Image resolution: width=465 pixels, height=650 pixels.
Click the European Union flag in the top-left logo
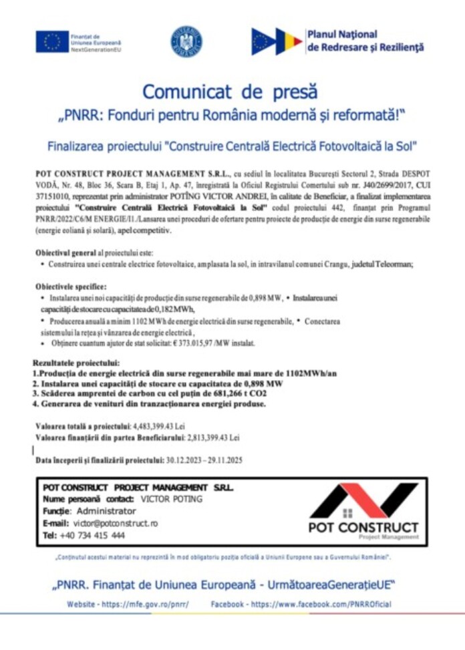[52, 41]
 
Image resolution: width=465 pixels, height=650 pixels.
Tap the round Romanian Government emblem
[186, 41]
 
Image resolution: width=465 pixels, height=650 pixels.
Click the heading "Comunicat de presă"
[230, 92]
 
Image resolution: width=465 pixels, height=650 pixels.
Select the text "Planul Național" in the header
[342, 34]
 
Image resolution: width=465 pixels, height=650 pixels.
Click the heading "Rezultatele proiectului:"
[77, 363]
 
